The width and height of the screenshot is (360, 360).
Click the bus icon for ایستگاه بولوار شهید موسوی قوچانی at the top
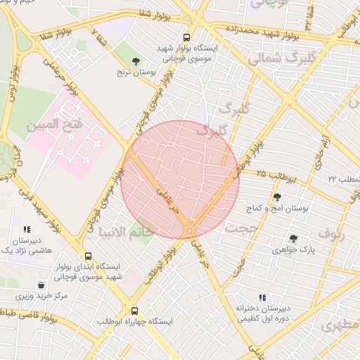tap(186, 38)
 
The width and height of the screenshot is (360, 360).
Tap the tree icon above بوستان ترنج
tap(136, 62)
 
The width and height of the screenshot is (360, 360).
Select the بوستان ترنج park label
tap(136, 72)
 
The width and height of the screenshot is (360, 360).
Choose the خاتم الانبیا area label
tap(125, 231)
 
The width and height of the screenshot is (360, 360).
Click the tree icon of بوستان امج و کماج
tap(278, 197)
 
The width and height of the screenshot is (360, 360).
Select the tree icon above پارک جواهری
tap(293, 239)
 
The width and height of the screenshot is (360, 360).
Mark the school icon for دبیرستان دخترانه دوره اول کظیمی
tap(262, 298)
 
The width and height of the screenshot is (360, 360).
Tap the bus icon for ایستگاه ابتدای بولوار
tap(88, 257)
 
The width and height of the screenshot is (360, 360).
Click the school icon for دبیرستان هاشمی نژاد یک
tap(27, 229)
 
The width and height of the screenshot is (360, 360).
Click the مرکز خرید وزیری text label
tap(43, 296)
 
